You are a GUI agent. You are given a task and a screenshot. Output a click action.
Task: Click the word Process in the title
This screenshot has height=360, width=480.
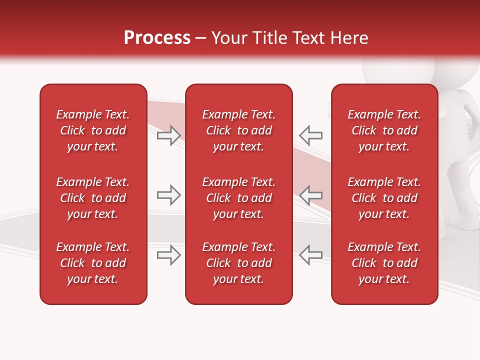click(157, 38)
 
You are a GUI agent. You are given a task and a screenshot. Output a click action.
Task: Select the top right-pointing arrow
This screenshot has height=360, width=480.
click(169, 135)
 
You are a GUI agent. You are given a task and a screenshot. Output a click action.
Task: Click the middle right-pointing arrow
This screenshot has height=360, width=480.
click(169, 195)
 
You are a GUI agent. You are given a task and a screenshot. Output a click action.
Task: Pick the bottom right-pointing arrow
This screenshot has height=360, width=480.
click(169, 255)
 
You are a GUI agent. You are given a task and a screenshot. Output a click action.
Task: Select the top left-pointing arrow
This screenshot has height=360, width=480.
click(311, 135)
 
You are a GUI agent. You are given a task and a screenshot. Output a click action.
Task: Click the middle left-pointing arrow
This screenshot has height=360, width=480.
click(311, 195)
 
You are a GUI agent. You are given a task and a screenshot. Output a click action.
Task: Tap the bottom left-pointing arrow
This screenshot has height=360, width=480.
click(311, 255)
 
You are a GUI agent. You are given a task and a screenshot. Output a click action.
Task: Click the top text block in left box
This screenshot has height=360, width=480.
click(93, 130)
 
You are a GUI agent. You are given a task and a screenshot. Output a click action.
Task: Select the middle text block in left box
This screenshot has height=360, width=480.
click(93, 198)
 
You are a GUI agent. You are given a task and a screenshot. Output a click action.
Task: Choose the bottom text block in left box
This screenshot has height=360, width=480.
click(93, 263)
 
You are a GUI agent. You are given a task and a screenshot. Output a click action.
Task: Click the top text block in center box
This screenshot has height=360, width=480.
click(238, 130)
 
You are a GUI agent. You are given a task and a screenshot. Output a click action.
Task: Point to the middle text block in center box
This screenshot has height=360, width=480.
click(238, 198)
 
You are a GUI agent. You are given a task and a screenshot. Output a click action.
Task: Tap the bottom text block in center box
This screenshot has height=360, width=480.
click(238, 263)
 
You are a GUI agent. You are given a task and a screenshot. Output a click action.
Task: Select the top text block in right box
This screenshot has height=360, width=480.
click(384, 130)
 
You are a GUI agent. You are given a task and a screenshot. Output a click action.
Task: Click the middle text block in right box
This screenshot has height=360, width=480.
click(384, 198)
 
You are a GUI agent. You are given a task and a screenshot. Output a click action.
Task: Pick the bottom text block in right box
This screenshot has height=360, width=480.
click(384, 263)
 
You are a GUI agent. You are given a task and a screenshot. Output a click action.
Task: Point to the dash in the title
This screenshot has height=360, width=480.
click(201, 38)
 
